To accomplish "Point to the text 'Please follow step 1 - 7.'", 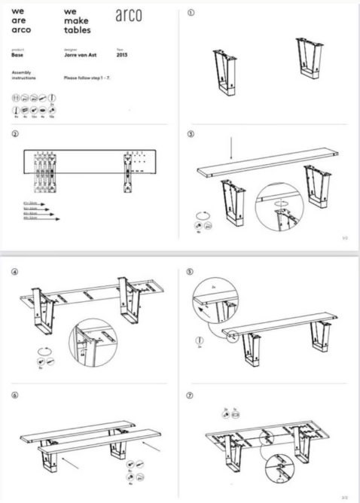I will (x=88, y=78).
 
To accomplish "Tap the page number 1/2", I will (x=345, y=238).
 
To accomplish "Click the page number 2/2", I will (x=345, y=496).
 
